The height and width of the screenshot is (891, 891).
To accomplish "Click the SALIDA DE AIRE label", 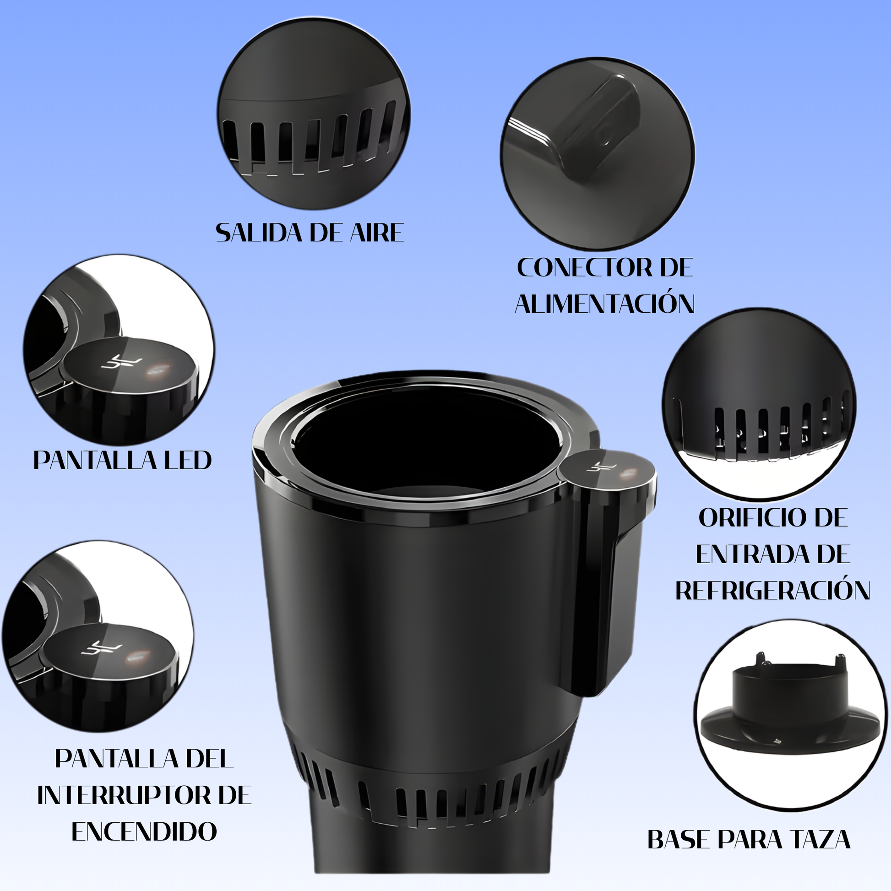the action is click(x=310, y=233).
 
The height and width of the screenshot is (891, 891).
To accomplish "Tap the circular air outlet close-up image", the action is click(x=314, y=114).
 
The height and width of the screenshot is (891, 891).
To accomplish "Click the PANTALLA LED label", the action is click(x=123, y=460).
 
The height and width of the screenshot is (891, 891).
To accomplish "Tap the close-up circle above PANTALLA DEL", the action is click(x=98, y=636).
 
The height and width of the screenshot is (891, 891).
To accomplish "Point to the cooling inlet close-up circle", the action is click(x=759, y=404).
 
